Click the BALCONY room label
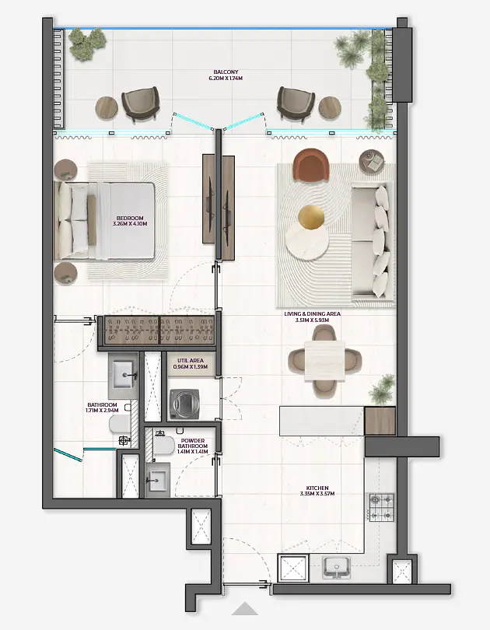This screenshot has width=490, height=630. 226,72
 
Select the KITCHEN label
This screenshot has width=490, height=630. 317,488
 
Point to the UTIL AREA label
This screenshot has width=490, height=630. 191,361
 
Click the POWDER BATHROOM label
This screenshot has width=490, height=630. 193,443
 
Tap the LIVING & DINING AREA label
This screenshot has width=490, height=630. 312,313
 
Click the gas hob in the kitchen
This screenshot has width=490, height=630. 382,507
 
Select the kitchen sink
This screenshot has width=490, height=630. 337,567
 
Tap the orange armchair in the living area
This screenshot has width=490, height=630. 311,166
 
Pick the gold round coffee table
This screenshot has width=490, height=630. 311,219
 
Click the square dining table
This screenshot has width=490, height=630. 324,361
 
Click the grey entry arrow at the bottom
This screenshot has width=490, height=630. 244,609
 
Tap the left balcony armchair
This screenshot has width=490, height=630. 140,103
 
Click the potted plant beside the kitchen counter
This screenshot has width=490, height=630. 382,390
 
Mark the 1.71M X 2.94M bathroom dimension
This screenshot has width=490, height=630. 102,411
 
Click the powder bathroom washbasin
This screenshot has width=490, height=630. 158,480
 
